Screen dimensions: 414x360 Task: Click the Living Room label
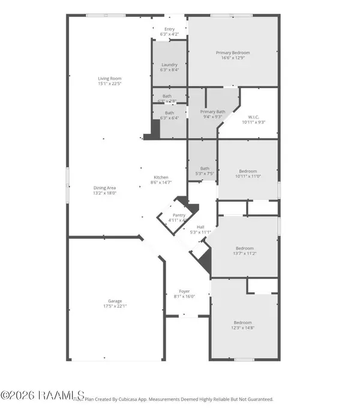tap(110, 79)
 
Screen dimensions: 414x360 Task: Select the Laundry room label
tap(170, 64)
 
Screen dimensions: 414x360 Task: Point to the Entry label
tap(170, 29)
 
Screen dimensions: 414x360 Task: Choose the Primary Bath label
tap(212, 112)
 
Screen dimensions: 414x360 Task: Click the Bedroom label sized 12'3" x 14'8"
tap(242, 322)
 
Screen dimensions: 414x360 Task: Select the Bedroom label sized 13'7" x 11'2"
tap(244, 248)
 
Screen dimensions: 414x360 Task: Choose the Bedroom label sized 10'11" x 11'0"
tap(248, 170)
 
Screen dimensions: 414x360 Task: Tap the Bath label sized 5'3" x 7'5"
tap(205, 169)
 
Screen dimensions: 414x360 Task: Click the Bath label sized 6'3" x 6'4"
tap(170, 113)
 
